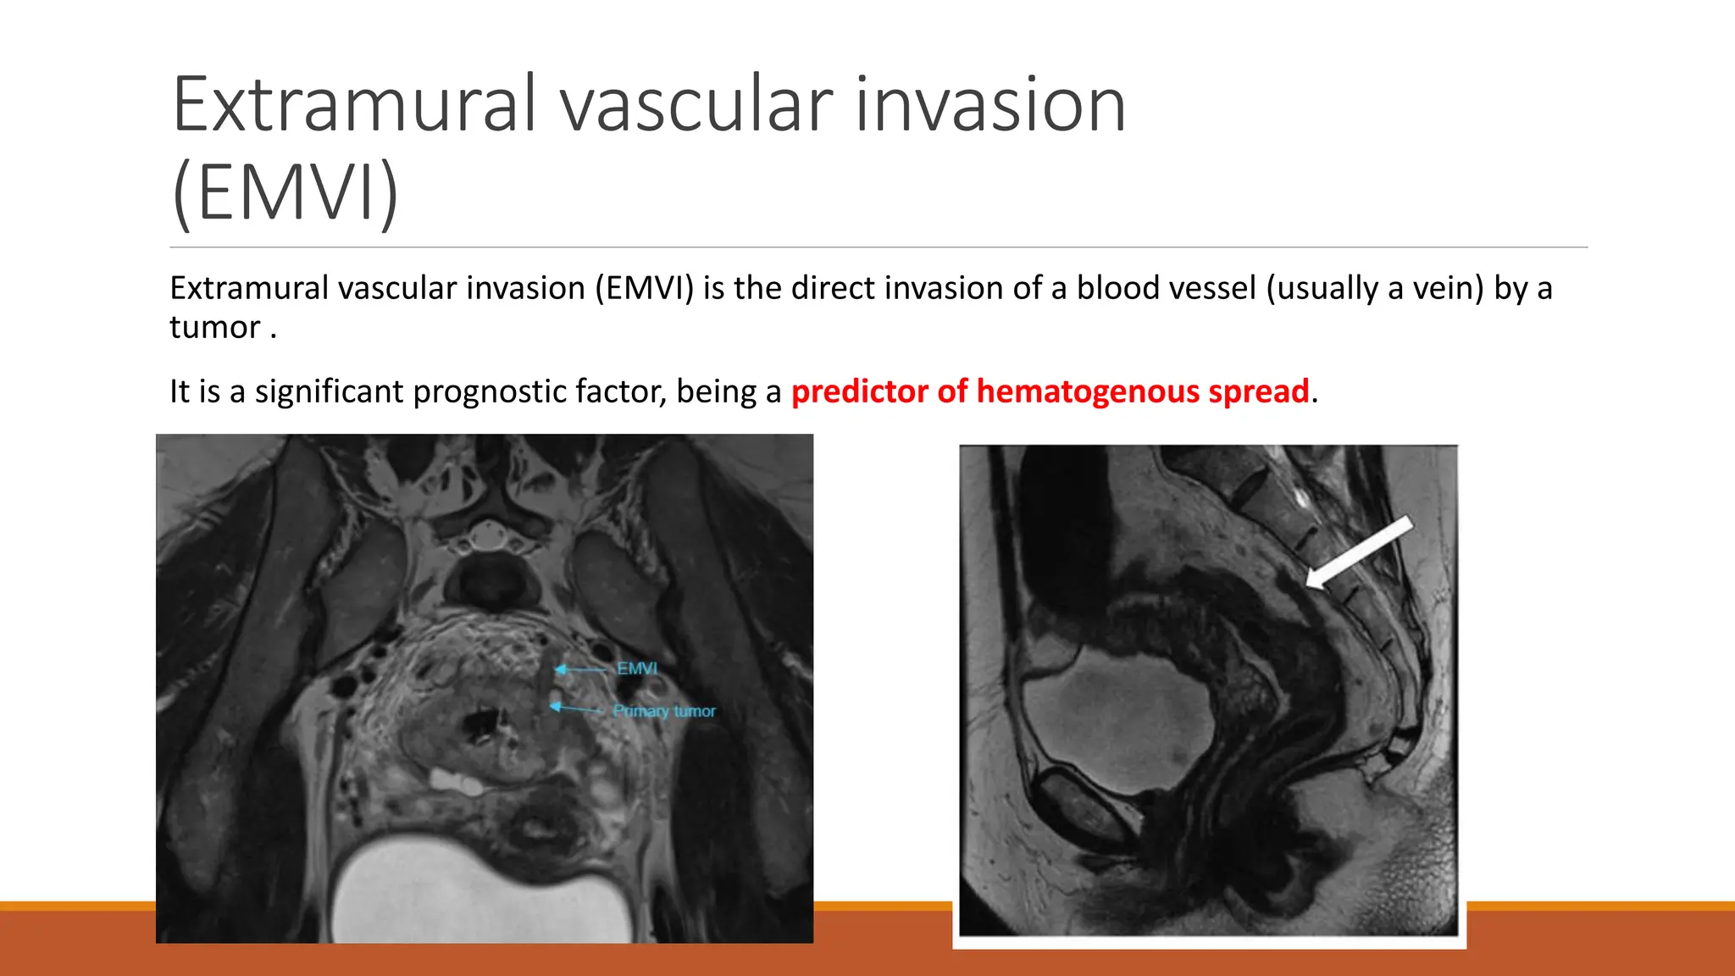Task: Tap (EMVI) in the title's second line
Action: pos(285,193)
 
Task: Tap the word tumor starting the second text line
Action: pos(214,328)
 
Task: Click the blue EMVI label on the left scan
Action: pos(636,668)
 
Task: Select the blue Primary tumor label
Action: pos(664,711)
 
